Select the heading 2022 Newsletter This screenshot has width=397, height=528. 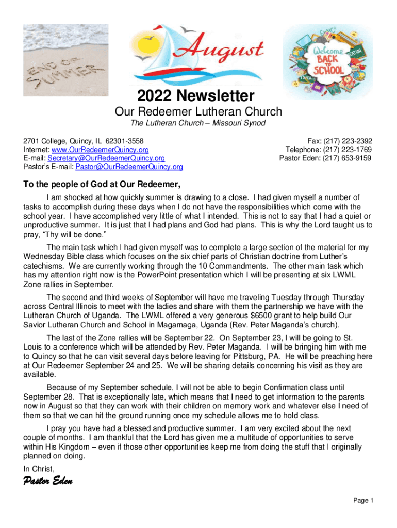pos(195,96)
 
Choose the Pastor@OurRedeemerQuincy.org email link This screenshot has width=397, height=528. pos(129,167)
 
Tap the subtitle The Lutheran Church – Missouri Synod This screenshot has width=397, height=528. pos(198,123)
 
